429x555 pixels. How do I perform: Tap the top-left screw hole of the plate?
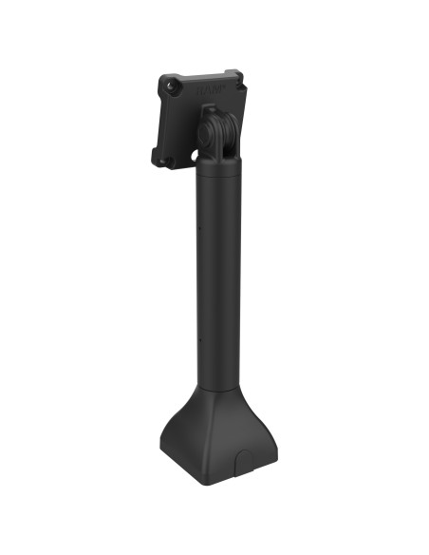tap(171, 84)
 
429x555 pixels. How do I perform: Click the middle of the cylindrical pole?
tap(218, 276)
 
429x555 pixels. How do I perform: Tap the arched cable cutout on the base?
tap(244, 466)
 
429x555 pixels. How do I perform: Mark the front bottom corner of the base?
tap(224, 483)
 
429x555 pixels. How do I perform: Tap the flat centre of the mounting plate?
tap(190, 119)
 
